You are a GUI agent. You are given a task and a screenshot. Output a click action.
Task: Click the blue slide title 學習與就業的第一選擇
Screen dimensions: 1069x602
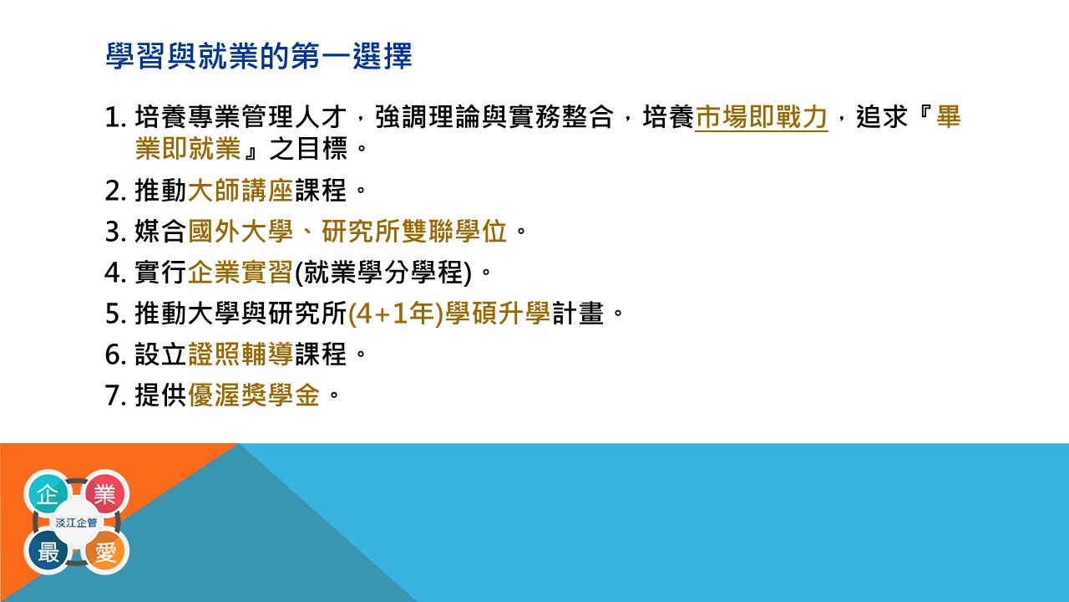(x=259, y=56)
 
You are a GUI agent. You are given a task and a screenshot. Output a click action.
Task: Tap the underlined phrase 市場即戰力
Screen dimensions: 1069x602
(x=761, y=117)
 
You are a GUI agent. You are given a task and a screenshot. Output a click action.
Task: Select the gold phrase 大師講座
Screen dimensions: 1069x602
(x=241, y=190)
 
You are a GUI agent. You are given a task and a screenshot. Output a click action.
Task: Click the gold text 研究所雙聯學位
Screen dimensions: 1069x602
(x=413, y=232)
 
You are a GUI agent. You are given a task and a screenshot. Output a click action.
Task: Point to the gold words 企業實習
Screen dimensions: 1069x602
(x=241, y=273)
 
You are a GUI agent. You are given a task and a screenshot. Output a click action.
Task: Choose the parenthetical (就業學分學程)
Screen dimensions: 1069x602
(x=383, y=273)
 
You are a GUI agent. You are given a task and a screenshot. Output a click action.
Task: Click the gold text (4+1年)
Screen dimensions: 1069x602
(x=396, y=314)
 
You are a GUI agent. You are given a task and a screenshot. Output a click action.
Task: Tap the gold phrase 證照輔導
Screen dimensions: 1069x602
(x=241, y=354)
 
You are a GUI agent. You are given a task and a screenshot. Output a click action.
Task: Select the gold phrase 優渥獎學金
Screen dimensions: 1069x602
(x=254, y=395)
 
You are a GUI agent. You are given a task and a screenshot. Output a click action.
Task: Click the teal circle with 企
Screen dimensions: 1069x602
(x=48, y=493)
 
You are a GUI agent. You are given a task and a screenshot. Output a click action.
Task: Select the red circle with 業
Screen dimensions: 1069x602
(x=105, y=493)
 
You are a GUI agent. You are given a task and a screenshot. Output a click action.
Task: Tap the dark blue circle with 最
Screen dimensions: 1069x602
(x=48, y=551)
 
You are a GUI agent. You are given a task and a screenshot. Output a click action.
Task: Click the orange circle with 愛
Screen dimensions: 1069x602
(x=105, y=551)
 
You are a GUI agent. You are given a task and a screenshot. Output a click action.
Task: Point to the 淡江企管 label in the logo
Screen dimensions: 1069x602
(x=76, y=523)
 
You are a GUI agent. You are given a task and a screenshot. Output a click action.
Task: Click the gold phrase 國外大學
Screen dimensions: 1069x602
(x=241, y=232)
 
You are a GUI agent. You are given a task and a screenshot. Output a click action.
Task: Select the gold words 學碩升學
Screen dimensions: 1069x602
(x=498, y=314)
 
